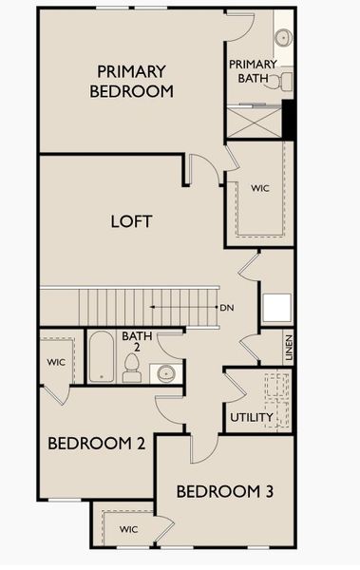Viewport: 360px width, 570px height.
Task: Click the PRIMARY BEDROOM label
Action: click(131, 82)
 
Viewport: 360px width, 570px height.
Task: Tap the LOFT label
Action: click(131, 221)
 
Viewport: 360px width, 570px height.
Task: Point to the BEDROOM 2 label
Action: click(96, 444)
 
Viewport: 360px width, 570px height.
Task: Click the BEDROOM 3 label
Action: click(218, 491)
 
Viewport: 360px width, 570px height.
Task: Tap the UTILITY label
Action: click(252, 418)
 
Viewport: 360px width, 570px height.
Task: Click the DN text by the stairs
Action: click(226, 308)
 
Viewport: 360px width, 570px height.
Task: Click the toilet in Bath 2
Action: click(132, 369)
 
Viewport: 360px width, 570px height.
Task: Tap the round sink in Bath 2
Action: click(166, 372)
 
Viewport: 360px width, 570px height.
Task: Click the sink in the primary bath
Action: click(283, 39)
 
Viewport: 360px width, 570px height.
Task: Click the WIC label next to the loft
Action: click(260, 188)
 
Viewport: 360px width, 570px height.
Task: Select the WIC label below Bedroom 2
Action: click(130, 528)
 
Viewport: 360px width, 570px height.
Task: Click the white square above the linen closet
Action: click(277, 307)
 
